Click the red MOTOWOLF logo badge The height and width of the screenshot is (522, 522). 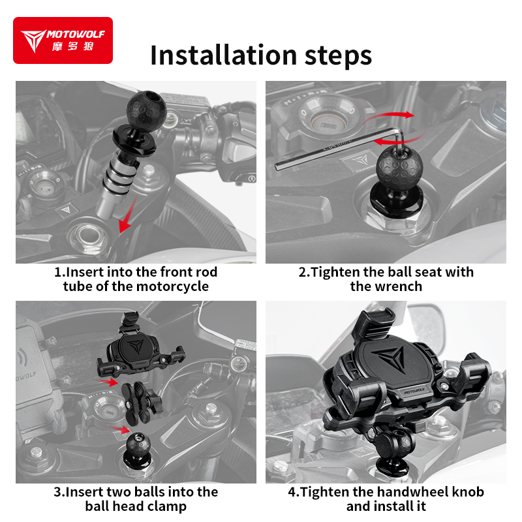point(63,40)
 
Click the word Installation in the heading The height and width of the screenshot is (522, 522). point(223,55)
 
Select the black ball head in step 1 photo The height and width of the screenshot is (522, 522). point(146,109)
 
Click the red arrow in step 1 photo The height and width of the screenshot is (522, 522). point(129,215)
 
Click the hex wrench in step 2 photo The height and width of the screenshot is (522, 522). point(339,148)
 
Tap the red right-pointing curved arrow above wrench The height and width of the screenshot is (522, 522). point(390,116)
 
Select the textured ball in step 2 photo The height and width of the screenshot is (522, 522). point(397,166)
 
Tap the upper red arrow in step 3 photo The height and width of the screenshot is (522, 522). point(105,382)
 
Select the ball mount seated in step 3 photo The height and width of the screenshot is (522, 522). point(138,450)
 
